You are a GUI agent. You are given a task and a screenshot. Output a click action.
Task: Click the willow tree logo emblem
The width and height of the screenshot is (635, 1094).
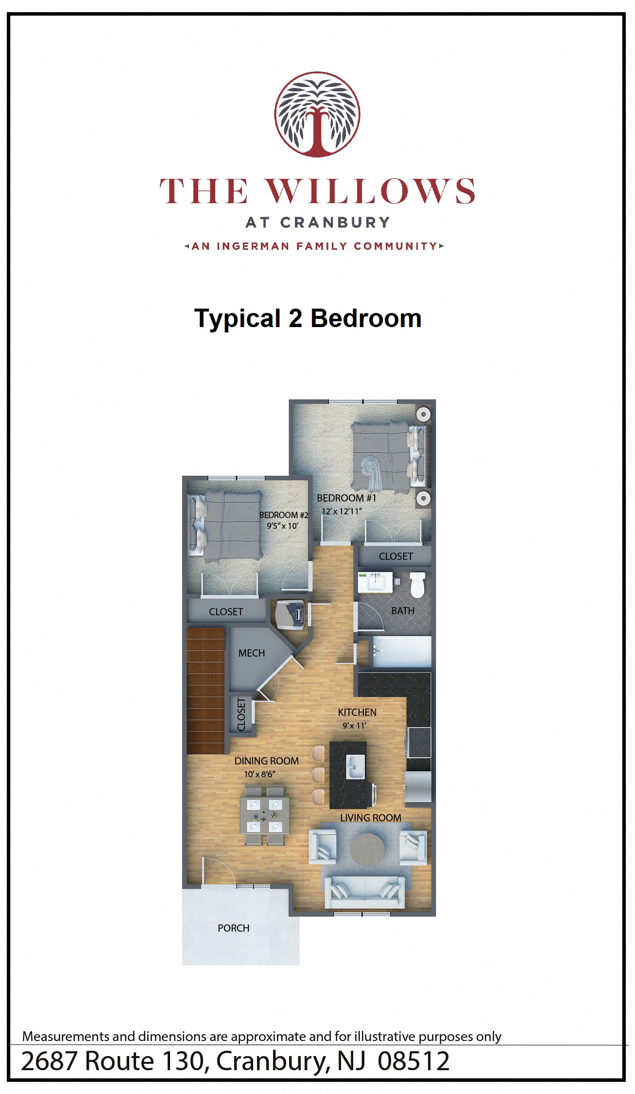coord(317,114)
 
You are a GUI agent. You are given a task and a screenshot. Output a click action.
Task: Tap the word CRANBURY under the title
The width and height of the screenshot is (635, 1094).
coord(335,223)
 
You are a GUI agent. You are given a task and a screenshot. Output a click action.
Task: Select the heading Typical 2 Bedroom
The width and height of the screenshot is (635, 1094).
coord(308,319)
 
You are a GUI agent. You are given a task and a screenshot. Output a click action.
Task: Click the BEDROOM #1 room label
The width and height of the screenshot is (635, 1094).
coord(346,498)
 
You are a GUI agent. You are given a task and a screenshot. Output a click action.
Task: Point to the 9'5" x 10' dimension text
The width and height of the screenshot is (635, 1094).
coord(282,526)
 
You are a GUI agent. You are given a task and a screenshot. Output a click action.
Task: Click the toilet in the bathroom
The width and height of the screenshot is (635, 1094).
coord(417,585)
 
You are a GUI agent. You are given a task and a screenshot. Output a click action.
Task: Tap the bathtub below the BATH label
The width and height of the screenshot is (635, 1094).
coord(401,651)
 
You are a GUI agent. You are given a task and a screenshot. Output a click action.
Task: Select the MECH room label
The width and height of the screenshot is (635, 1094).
coord(251,653)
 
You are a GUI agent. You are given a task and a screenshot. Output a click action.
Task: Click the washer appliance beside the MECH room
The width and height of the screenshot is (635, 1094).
coord(290,615)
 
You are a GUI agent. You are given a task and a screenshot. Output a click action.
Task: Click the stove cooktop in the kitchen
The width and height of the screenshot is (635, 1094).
coord(419,742)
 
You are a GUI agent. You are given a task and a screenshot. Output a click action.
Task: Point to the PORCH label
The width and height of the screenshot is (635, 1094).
coord(233,928)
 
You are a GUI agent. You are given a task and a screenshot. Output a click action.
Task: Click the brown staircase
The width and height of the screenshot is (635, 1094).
coord(206,690)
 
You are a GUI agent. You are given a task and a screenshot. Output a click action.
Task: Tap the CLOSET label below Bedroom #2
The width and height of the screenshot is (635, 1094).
coord(226,612)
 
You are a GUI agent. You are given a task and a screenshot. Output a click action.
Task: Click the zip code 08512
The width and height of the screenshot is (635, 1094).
coord(413,1061)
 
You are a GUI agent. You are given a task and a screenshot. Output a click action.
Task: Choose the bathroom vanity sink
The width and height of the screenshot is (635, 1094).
coord(375,581)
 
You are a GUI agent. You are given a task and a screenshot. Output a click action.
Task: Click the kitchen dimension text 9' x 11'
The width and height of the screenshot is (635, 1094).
coord(354,726)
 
